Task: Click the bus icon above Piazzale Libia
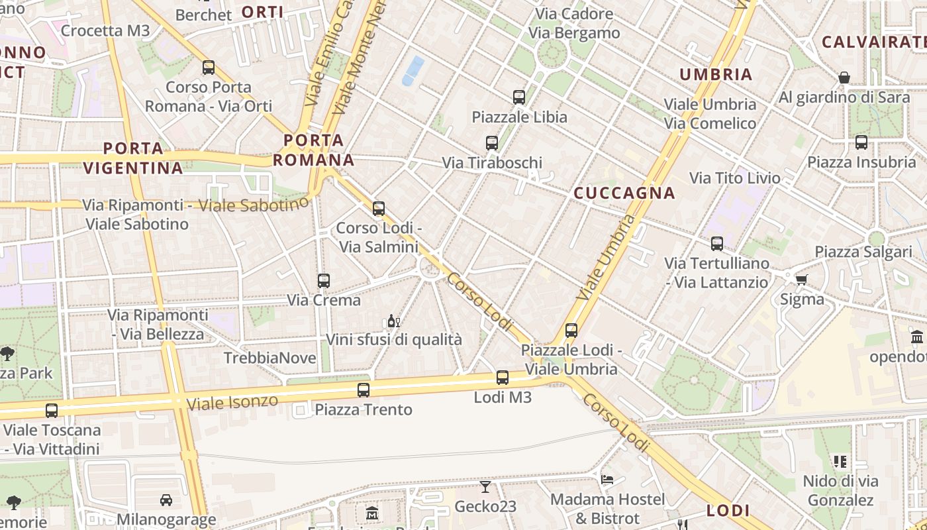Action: coord(519,97)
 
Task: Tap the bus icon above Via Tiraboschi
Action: coord(491,142)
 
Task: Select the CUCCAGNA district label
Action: coord(624,193)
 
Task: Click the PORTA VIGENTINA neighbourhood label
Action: coord(133,158)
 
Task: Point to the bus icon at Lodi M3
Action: coord(503,378)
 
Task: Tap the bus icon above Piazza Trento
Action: coord(363,390)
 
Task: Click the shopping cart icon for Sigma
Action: coord(801,280)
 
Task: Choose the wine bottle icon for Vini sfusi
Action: coord(393,321)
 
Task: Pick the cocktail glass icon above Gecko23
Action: coord(485,487)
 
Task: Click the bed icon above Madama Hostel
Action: coord(607,479)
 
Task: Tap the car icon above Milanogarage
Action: coord(166,500)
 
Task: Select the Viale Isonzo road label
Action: coord(232,401)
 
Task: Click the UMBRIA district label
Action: coord(716,74)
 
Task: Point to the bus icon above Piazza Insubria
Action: coord(861,142)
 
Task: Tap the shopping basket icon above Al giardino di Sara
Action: coord(844,78)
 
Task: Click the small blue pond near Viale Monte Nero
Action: coord(413,70)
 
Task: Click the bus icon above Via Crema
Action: coord(323,281)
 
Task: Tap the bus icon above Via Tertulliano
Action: coord(716,243)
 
